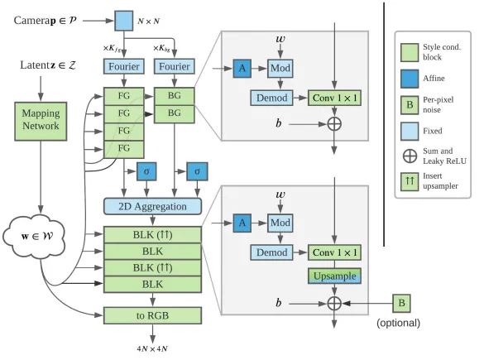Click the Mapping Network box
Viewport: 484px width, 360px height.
point(41,122)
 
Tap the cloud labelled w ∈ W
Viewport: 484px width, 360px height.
point(34,237)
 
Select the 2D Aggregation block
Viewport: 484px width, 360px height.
point(152,206)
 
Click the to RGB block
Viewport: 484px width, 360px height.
point(152,315)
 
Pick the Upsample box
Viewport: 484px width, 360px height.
point(334,276)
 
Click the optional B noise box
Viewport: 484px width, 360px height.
point(401,303)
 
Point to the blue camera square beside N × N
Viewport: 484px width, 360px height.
point(124,21)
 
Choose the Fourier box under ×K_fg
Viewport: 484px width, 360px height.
point(124,66)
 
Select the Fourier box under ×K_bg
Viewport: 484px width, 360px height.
point(174,66)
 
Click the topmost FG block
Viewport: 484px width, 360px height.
point(124,96)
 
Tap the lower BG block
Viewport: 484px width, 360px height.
point(174,114)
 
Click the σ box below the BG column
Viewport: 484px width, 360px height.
point(197,171)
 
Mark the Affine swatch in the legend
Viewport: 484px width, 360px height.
point(410,79)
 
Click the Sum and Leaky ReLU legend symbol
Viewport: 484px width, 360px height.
point(410,156)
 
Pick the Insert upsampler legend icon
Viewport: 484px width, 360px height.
point(410,182)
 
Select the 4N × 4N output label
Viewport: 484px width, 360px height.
point(152,349)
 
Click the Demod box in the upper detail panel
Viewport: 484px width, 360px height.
point(271,98)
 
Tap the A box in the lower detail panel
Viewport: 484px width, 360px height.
point(242,223)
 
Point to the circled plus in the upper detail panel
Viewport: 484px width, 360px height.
point(334,124)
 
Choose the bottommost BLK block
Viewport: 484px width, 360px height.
point(152,285)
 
